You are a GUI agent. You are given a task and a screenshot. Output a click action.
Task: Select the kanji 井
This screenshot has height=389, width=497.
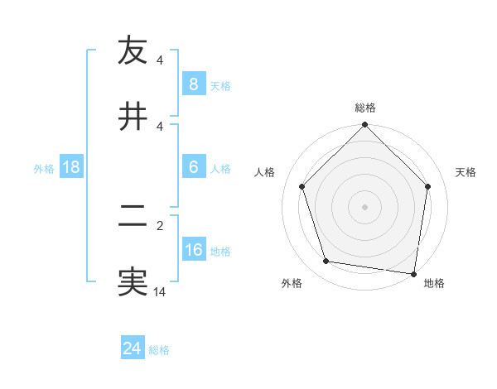(x=133, y=115)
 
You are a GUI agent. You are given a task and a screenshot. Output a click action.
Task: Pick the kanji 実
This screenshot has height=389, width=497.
(x=133, y=281)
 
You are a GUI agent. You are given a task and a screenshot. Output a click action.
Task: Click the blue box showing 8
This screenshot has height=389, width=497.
(x=193, y=84)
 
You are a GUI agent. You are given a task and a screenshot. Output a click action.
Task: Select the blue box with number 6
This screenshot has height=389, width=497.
(x=193, y=167)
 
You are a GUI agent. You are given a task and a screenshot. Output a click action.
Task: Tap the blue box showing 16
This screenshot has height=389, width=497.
(x=193, y=250)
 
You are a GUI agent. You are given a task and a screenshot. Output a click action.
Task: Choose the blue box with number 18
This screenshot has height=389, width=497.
(x=70, y=167)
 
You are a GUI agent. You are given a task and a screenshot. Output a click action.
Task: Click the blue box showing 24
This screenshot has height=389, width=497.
(x=132, y=349)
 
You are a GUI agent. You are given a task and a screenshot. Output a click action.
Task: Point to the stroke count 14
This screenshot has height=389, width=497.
(x=160, y=291)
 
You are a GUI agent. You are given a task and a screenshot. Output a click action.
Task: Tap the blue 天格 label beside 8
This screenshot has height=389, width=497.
(x=220, y=85)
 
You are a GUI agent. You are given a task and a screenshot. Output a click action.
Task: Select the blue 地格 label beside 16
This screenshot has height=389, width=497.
(x=220, y=251)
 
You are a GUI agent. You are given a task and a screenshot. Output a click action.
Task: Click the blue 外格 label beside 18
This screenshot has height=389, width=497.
(x=44, y=168)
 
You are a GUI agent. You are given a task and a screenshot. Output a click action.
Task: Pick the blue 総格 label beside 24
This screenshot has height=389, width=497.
(x=159, y=350)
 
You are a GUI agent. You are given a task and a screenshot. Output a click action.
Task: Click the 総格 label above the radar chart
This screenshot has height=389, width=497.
(x=365, y=108)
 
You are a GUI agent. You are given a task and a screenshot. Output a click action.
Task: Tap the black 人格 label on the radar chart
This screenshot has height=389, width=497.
(x=265, y=172)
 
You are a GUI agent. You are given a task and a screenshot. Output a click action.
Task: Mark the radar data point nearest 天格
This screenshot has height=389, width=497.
(x=428, y=186)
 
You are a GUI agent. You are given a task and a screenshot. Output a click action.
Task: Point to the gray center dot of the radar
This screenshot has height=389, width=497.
(x=365, y=206)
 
